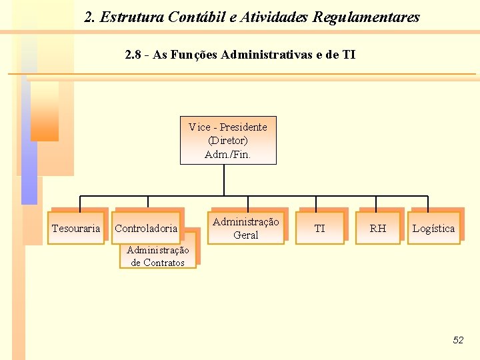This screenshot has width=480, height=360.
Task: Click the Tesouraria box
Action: pos(76,228)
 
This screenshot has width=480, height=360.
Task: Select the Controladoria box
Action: pos(147,228)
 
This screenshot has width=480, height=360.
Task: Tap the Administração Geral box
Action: pos(246,228)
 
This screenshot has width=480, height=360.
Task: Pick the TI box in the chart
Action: pos(320,228)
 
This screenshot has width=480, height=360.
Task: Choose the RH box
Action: pos(378,228)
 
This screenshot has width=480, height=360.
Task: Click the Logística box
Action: pos(433,228)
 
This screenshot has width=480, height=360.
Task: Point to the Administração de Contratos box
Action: pos(158,257)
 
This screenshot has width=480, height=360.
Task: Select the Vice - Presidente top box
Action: pos(228,141)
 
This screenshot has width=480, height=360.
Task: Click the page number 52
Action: pos(458,340)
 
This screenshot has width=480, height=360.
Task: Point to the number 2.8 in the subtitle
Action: pos(133,55)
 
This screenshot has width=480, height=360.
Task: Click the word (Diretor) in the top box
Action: pos(228,141)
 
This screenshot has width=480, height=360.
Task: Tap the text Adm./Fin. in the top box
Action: pos(228,155)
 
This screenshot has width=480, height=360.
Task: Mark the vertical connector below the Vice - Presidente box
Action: pos(224,180)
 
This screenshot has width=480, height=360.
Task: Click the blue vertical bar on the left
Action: pos(29,133)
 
